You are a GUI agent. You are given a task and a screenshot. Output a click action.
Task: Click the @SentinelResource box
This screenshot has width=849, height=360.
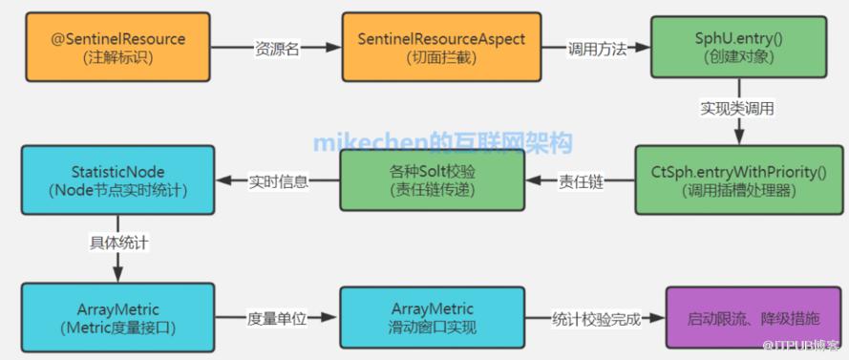(117, 47)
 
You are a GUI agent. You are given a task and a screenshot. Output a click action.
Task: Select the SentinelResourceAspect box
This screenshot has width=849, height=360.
(441, 47)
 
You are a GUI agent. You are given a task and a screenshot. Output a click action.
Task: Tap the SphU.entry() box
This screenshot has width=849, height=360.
(738, 47)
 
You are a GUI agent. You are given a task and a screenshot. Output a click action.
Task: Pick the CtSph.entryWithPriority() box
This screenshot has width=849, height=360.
(738, 180)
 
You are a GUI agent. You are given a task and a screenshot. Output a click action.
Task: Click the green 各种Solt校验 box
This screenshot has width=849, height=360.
(432, 180)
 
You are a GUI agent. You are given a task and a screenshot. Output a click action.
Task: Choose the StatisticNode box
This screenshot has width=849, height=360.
(118, 180)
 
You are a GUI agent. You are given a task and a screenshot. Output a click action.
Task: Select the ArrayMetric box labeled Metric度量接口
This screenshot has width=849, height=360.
(118, 317)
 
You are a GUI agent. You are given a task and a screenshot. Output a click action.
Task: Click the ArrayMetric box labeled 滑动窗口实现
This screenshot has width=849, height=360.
(432, 317)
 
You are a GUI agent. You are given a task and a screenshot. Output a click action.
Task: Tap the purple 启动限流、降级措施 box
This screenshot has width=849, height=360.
(753, 317)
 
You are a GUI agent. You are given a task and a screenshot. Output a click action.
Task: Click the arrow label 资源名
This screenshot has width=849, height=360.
(277, 49)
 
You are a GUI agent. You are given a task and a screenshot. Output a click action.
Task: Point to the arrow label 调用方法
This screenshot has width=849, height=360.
(597, 49)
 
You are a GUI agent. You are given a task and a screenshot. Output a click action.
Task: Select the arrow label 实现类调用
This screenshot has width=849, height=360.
(737, 108)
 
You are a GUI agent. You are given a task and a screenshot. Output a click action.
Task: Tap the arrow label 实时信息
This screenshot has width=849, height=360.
(278, 181)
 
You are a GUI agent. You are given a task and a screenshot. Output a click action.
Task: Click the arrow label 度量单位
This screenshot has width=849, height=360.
(277, 318)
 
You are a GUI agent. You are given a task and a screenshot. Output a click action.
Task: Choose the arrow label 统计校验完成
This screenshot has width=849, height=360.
(596, 318)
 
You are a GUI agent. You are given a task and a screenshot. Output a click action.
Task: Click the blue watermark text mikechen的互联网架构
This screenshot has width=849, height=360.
(442, 143)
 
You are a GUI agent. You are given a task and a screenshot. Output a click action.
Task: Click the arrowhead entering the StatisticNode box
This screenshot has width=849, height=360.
(223, 181)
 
